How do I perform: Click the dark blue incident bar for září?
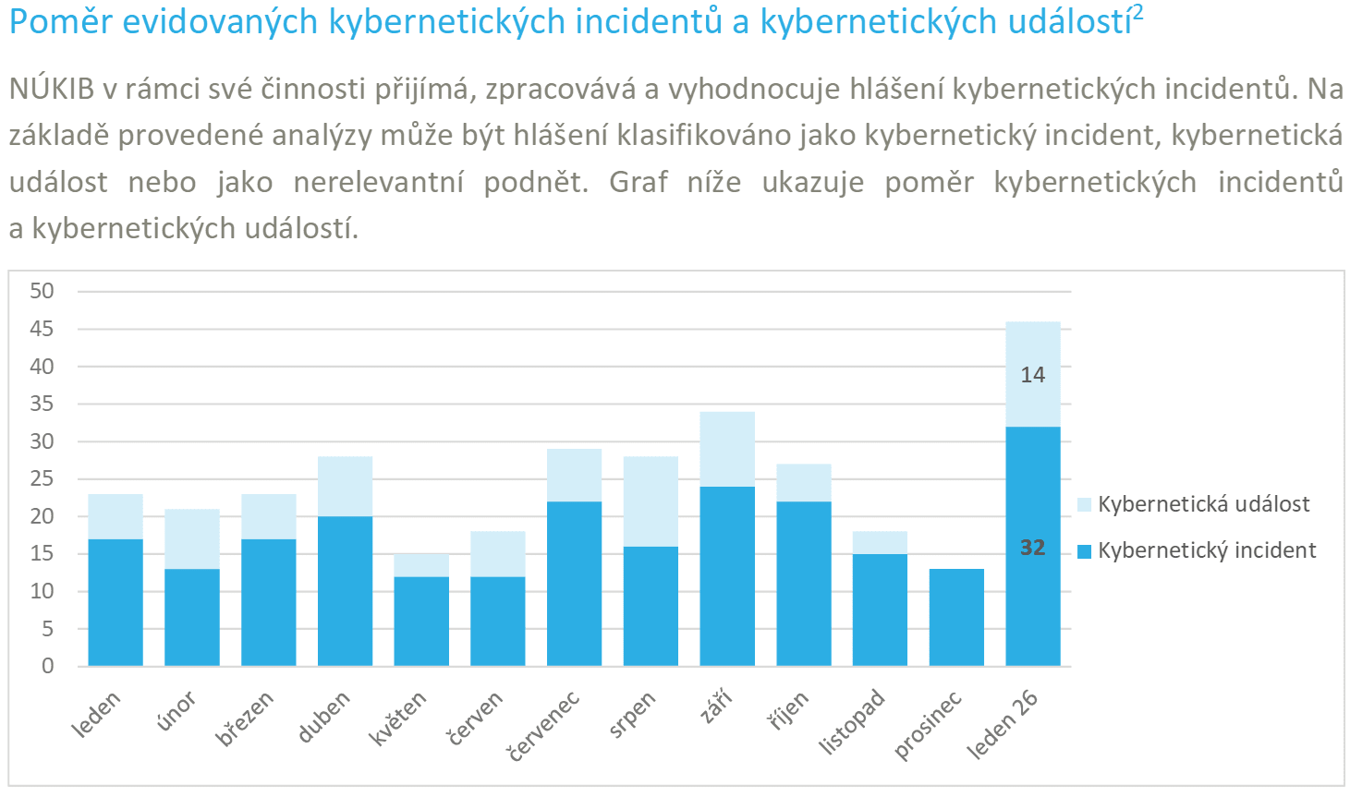point(727,575)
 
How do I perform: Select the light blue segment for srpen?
point(651,501)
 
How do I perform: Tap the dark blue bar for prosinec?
point(956,617)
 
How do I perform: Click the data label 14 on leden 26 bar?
point(1032,375)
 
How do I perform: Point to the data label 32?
point(1032,548)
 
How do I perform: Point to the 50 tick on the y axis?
point(43,291)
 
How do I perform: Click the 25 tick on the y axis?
point(43,478)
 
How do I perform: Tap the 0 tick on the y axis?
point(48,666)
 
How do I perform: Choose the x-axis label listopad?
point(852,722)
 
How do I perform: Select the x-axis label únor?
point(176,712)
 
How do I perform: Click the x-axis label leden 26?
point(1003,725)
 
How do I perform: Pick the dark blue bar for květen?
point(421,621)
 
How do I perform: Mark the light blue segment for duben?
point(345,486)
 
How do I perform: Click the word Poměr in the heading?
point(60,22)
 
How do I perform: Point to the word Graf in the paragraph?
point(638,182)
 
